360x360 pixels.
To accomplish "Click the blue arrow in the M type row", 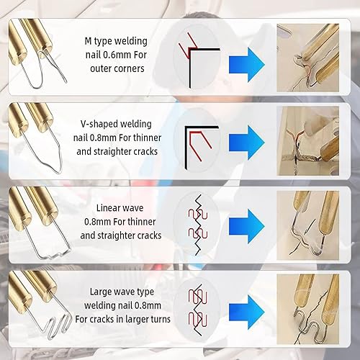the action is (247, 65).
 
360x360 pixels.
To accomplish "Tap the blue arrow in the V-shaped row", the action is (247, 143).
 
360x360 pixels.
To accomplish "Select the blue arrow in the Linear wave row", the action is (247, 226).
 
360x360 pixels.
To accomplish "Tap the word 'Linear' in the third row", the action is (107, 208).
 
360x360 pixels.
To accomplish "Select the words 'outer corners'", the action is (117, 68).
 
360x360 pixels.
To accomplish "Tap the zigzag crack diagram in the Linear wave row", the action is (198, 225).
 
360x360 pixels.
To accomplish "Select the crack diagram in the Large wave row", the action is (198, 310).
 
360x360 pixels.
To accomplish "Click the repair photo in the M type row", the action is (308, 58).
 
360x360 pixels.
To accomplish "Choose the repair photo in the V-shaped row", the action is (308, 141).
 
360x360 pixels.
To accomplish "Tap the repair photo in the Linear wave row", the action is (308, 225).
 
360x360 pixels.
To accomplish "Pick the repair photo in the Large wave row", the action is (308, 310).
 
